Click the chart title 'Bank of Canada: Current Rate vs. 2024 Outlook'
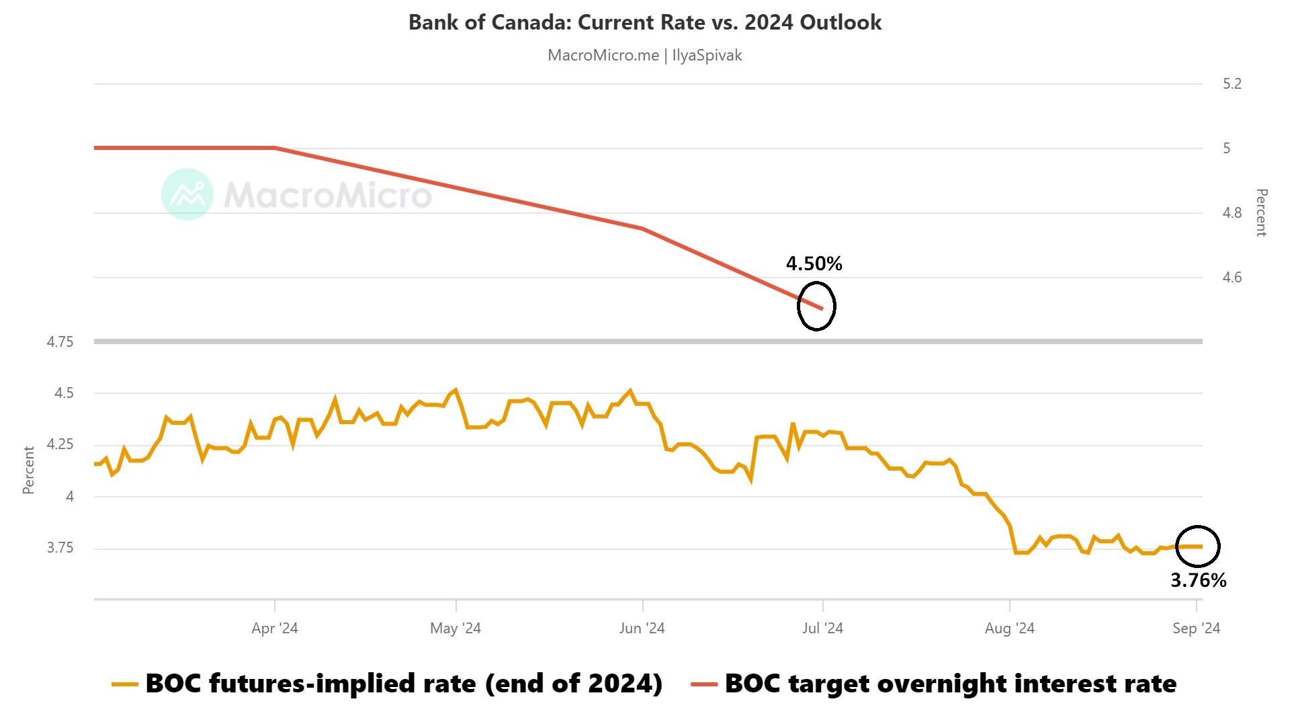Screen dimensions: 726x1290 tap(644, 22)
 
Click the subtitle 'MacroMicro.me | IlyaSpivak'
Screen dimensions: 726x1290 tap(644, 55)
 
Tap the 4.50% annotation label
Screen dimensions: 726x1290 tap(814, 264)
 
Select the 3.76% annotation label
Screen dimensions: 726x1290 tap(1198, 580)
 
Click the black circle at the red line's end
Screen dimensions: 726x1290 tap(816, 306)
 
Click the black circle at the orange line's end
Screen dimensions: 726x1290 tap(1197, 546)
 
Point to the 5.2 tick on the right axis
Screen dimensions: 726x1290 tap(1232, 84)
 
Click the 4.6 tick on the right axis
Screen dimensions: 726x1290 tap(1232, 278)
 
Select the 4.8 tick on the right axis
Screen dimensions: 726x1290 tap(1232, 213)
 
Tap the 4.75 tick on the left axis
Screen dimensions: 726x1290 tap(60, 342)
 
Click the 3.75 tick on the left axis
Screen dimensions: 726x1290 tap(60, 548)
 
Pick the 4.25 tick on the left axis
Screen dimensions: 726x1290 tap(60, 444)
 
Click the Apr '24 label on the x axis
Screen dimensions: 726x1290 tap(274, 629)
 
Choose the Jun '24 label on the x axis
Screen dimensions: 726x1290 tap(642, 629)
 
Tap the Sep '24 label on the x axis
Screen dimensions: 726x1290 tap(1196, 629)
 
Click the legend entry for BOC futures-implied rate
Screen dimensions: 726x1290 tap(388, 684)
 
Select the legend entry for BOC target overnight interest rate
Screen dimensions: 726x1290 tap(934, 684)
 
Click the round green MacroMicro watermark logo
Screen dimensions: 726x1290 tap(187, 194)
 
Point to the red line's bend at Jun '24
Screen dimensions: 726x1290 tap(643, 229)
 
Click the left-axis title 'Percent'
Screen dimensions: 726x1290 tap(28, 470)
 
